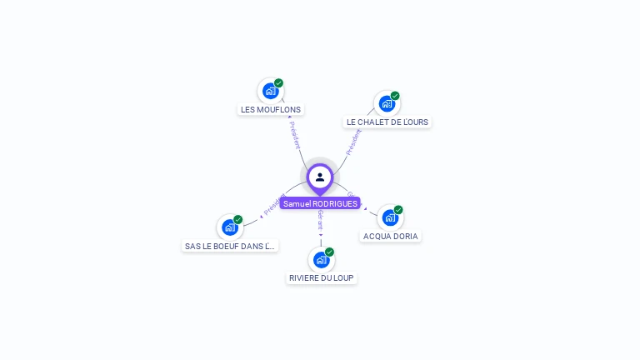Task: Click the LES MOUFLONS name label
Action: [x=271, y=109]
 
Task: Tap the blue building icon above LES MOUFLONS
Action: [x=270, y=91]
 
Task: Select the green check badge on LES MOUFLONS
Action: [x=279, y=82]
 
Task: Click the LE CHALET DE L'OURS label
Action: [x=387, y=122]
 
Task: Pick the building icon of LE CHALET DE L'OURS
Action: [x=387, y=103]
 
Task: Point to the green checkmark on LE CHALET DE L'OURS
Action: [x=395, y=96]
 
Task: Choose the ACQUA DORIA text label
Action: [x=391, y=236]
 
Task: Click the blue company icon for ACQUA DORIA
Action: [x=389, y=218]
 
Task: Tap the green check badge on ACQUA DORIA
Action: [x=398, y=210]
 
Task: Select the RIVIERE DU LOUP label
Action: [x=322, y=277]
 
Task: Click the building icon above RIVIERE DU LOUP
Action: [x=321, y=260]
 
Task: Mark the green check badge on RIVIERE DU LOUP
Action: [x=330, y=252]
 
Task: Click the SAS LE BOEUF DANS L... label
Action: [x=230, y=246]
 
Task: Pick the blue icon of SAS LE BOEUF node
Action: [x=229, y=227]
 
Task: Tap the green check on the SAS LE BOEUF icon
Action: [x=238, y=219]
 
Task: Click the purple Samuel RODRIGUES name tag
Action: [x=320, y=203]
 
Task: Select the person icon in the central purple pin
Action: [x=320, y=177]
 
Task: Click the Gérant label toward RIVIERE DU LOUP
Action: [x=320, y=220]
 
